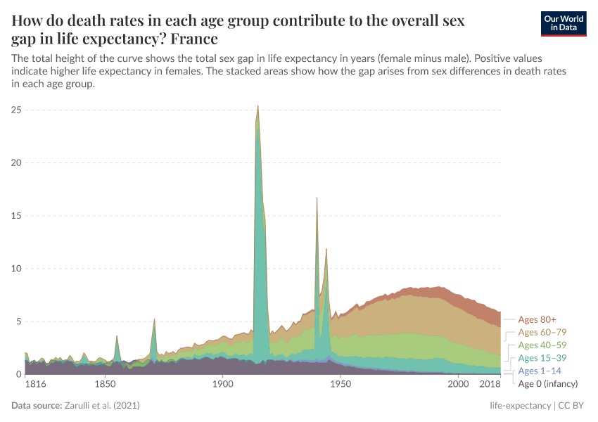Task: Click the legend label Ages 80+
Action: [x=537, y=319]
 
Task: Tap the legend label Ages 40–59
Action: [x=542, y=345]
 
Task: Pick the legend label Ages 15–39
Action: [x=542, y=358]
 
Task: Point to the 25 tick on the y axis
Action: [x=16, y=110]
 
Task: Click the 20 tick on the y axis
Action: [x=16, y=162]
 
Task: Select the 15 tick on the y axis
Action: [x=16, y=215]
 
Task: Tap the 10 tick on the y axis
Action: [x=16, y=269]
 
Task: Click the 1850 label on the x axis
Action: [x=105, y=385]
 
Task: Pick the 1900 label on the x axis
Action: [x=223, y=385]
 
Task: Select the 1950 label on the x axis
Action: [x=341, y=385]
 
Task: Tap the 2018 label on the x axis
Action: [x=490, y=385]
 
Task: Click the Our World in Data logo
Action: [x=563, y=23]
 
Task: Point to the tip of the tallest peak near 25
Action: [x=258, y=105]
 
